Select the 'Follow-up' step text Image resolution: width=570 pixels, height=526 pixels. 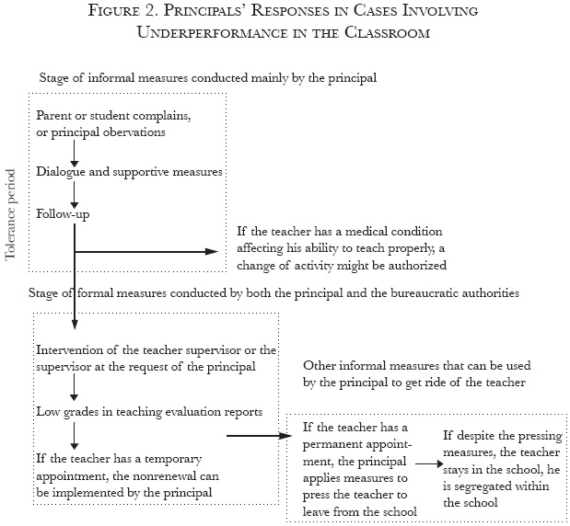[63, 213]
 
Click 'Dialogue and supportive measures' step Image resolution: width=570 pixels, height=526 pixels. [115, 171]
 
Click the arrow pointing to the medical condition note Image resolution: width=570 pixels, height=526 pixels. [147, 250]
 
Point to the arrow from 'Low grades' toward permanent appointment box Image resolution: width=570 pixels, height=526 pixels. [254, 436]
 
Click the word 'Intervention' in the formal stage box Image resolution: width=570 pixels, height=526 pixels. [67, 350]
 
